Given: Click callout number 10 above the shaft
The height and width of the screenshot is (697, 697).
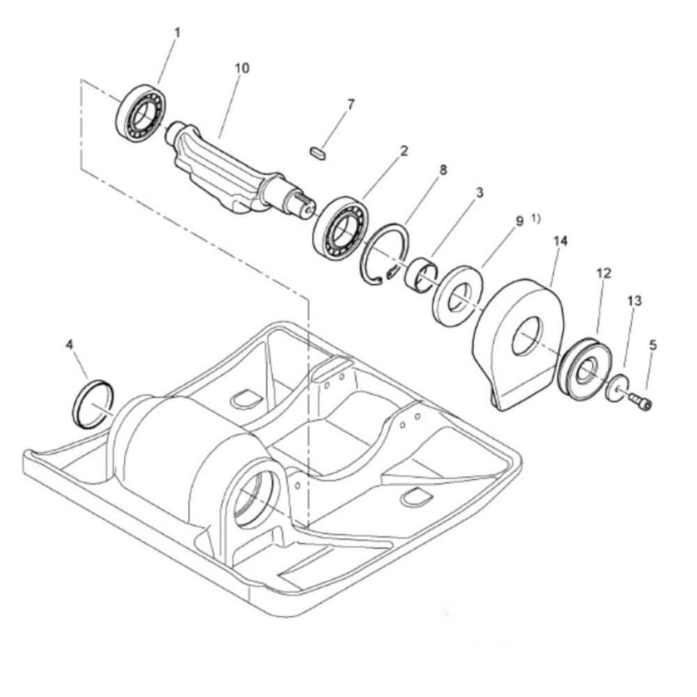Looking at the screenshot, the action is [x=242, y=68].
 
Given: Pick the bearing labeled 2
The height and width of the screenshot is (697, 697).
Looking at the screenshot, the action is [x=339, y=227].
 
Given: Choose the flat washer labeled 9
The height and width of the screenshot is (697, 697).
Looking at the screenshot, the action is [x=457, y=295].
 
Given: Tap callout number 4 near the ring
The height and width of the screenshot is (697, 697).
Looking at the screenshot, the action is [x=69, y=344].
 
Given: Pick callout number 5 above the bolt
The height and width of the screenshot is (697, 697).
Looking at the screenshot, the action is [x=652, y=344].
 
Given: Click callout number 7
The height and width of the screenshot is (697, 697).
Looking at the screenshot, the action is [x=351, y=105].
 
